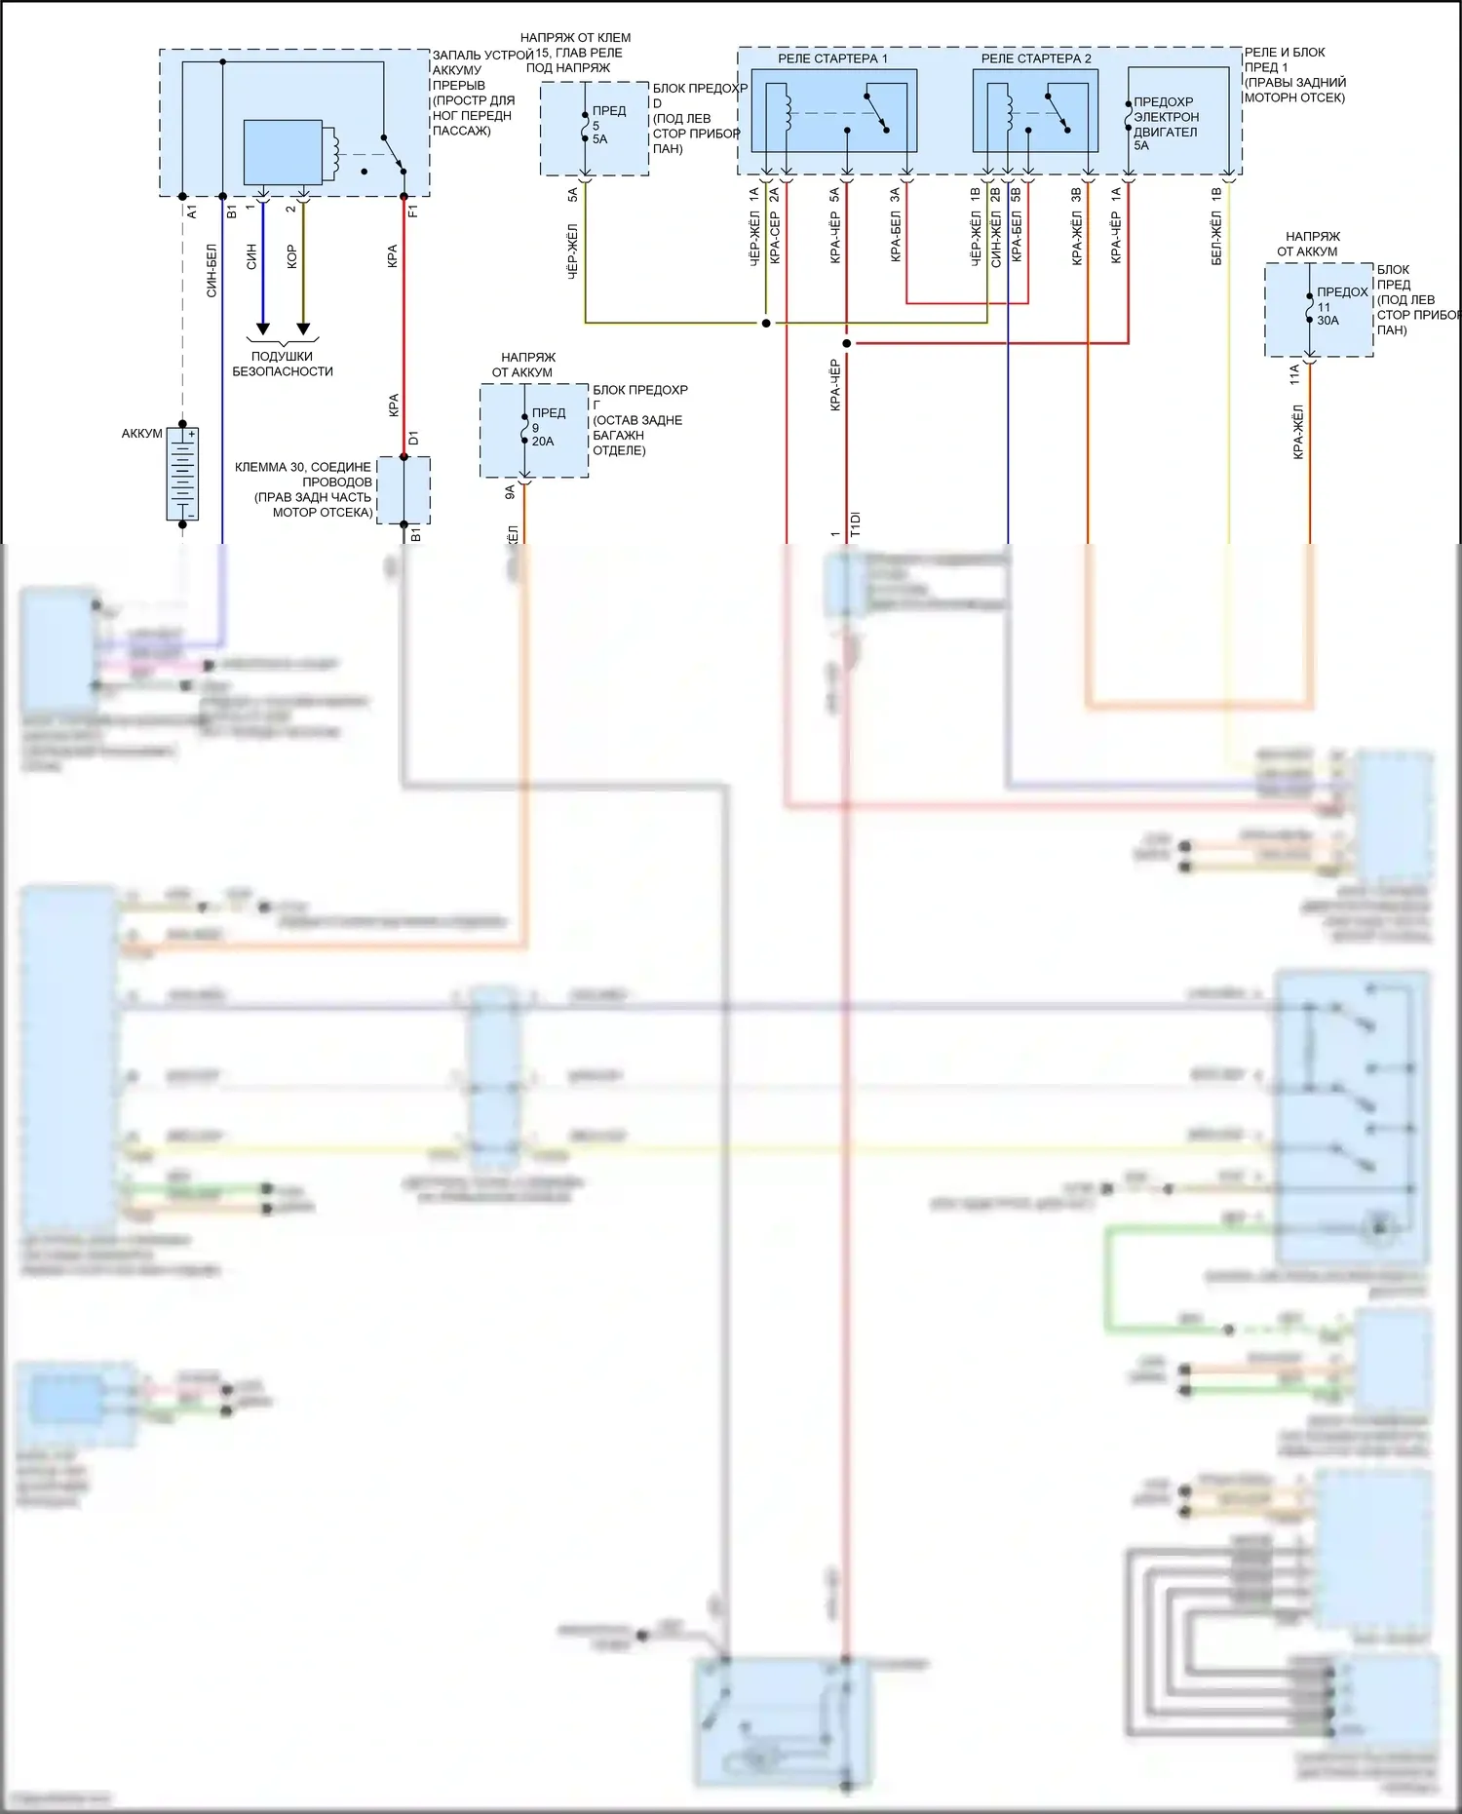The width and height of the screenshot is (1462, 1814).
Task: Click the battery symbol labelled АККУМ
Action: [182, 474]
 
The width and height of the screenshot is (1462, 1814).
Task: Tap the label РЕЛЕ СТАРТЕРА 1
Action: [832, 58]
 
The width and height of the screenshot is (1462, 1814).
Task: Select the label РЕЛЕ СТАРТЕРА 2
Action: [1036, 58]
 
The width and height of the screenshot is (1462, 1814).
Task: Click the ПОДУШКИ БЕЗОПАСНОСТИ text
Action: [283, 364]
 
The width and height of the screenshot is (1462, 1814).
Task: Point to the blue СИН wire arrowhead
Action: [262, 328]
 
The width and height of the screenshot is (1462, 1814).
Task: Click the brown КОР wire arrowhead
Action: [303, 328]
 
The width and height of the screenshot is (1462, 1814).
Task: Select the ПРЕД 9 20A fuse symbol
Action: [524, 428]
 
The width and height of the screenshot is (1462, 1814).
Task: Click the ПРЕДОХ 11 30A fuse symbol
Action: [1309, 307]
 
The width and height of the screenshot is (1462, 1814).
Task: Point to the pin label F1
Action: [413, 211]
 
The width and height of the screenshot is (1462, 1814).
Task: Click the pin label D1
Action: [413, 439]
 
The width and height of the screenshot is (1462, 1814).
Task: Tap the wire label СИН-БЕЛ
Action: [212, 270]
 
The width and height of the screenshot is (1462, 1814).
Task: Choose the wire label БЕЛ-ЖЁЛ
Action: [1216, 240]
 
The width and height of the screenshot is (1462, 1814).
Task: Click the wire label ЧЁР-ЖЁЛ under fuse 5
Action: [572, 251]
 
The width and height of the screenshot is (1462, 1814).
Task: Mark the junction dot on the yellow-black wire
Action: [766, 323]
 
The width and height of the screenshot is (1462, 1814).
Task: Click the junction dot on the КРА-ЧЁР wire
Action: [846, 343]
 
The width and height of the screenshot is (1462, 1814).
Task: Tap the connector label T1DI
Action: [855, 524]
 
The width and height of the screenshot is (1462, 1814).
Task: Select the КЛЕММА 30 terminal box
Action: [404, 489]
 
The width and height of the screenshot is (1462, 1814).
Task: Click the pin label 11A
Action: [1295, 373]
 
